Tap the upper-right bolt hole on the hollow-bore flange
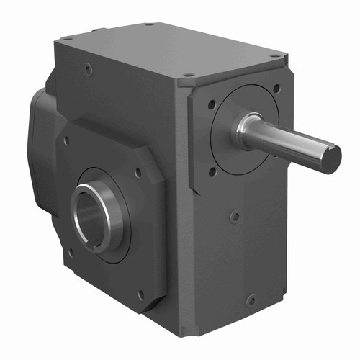click(139, 171)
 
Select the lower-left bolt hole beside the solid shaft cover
click(212, 171)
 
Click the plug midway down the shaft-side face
click(235, 215)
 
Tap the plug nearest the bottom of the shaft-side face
click(250, 300)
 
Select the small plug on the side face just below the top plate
click(88, 71)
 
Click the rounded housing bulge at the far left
click(40, 144)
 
